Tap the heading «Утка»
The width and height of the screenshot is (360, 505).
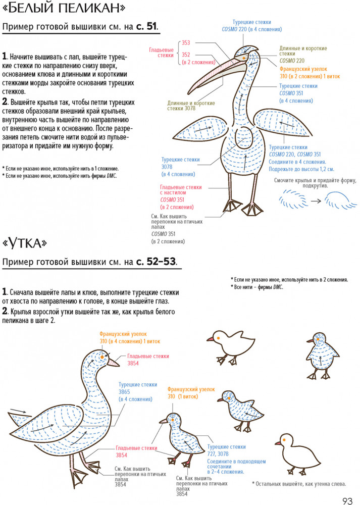(x=25, y=243)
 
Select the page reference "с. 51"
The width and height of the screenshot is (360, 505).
(x=147, y=27)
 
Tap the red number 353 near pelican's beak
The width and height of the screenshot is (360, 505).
(x=186, y=43)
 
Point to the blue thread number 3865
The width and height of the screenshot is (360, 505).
(x=124, y=392)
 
